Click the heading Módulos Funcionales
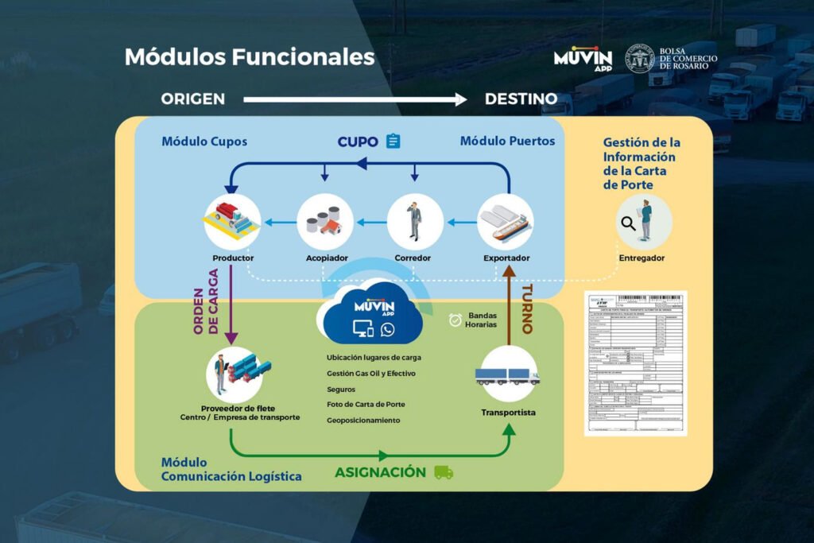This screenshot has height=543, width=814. [x=249, y=57]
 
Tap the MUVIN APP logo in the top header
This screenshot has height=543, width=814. [x=583, y=59]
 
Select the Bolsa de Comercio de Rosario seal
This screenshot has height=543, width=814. [x=640, y=59]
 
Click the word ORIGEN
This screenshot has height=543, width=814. [x=193, y=99]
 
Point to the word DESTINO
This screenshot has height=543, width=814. [x=521, y=99]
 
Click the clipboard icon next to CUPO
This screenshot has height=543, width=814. [x=393, y=142]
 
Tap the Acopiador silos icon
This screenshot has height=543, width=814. [x=324, y=221]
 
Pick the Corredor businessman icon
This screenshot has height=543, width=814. [x=415, y=221]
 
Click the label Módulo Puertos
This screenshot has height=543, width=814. [x=507, y=142]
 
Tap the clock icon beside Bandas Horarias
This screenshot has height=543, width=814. [x=455, y=320]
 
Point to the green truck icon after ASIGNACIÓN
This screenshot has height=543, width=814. [x=444, y=472]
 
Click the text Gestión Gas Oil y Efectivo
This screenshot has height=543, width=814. [x=370, y=374]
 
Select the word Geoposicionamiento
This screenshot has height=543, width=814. [x=363, y=421]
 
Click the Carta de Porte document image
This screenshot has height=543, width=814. [x=635, y=363]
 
